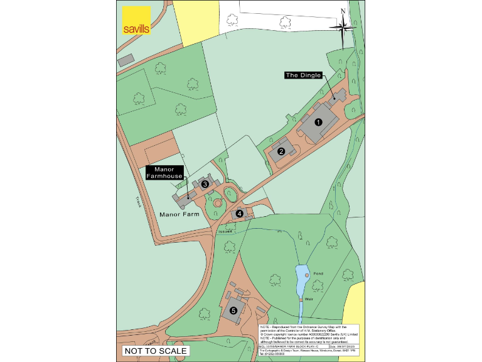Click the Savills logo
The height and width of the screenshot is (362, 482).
pos(136,21)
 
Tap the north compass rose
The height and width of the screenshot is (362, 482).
pos(344,27)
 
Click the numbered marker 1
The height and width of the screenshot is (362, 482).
pos(318,123)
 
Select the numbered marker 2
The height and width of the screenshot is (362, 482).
pos(282,151)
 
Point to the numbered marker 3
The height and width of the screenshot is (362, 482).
pos(205,184)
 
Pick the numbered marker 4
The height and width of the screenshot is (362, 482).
pos(240,214)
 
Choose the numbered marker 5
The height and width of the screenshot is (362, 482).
pos(233,310)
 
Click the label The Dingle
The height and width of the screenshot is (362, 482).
pos(303,75)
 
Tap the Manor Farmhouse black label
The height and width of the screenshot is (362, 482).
pos(164,173)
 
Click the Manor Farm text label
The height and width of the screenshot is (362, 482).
pos(179,214)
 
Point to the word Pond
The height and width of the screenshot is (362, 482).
pos(318,274)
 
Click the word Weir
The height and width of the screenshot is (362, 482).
pos(309,300)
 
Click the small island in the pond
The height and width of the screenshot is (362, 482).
pos(307,275)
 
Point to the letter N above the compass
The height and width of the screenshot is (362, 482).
pos(343,11)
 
